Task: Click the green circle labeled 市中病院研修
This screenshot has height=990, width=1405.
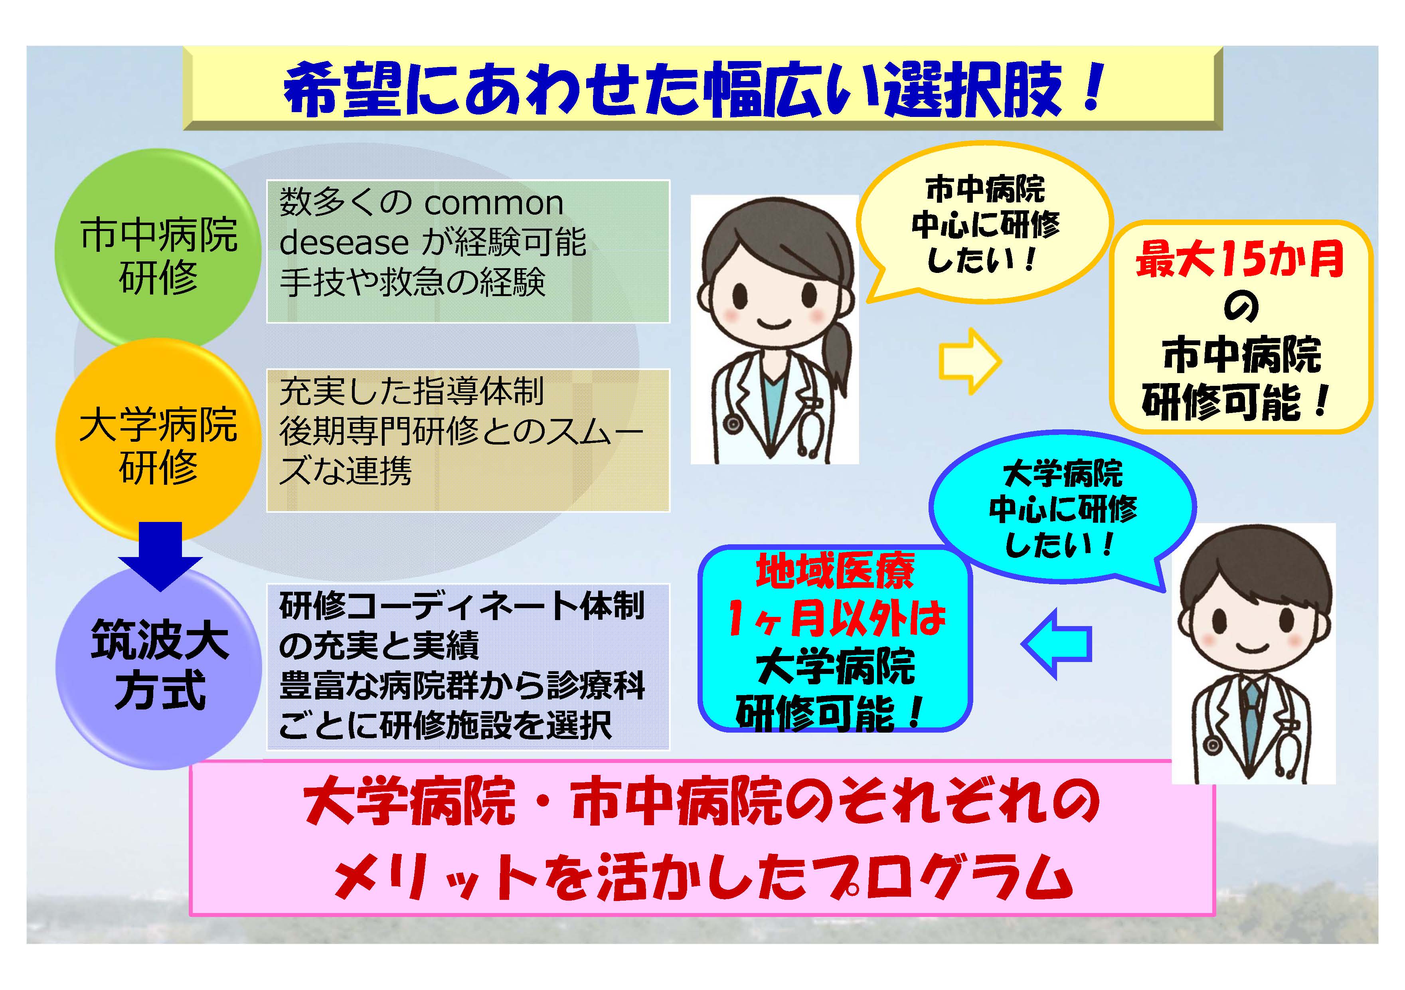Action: (158, 252)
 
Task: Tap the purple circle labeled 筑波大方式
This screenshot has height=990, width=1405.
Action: (158, 667)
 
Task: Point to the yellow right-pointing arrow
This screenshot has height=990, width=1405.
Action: (970, 361)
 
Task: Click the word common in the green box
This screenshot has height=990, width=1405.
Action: (493, 203)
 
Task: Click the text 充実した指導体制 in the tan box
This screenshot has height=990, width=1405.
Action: (411, 391)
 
